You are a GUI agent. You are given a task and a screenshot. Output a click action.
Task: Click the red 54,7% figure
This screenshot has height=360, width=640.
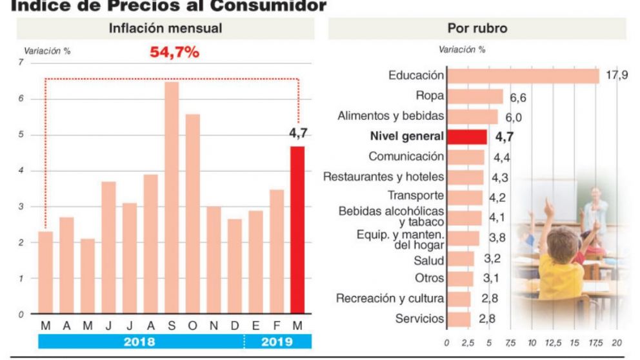click(x=174, y=53)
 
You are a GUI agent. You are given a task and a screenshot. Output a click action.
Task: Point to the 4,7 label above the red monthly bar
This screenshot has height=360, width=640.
click(x=297, y=134)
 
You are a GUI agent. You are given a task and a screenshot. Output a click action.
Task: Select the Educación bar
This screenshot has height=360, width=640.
click(x=523, y=76)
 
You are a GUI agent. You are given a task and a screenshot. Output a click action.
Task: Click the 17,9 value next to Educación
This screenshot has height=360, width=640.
click(x=617, y=76)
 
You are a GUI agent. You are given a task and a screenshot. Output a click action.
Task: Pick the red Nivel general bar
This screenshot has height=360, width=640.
click(x=467, y=137)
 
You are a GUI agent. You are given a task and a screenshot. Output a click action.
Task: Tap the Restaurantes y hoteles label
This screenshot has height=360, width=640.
click(x=383, y=177)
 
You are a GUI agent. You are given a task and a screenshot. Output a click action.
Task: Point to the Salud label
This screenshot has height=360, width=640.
click(x=429, y=261)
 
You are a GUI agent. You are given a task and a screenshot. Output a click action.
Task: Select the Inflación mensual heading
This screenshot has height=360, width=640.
click(x=165, y=28)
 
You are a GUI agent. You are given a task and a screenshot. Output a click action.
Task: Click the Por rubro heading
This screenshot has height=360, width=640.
click(x=477, y=28)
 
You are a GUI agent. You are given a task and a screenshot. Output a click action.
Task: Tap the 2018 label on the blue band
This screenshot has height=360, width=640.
click(x=139, y=342)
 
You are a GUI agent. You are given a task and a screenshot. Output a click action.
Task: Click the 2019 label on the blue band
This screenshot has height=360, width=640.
click(x=277, y=342)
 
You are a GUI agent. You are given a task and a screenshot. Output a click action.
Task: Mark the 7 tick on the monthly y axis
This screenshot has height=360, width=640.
click(x=21, y=63)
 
